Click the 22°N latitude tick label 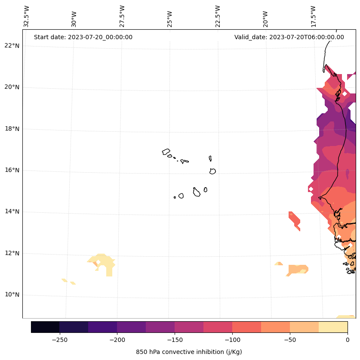coord(12,46)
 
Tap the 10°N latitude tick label coord(12,295)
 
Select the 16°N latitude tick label coord(12,170)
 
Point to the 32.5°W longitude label coord(27,16)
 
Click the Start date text coord(83,37)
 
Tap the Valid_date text coord(289,37)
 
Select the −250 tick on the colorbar coord(59,340)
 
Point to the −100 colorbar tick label coord(232,340)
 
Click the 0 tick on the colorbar coord(347,340)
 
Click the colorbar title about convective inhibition coord(189,352)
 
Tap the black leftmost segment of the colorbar coord(45,327)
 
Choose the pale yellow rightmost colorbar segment coord(333,327)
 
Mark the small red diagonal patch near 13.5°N coord(294,220)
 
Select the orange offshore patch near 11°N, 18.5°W coord(297,270)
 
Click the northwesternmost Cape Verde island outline coord(166,152)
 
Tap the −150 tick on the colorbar coord(175,340)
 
